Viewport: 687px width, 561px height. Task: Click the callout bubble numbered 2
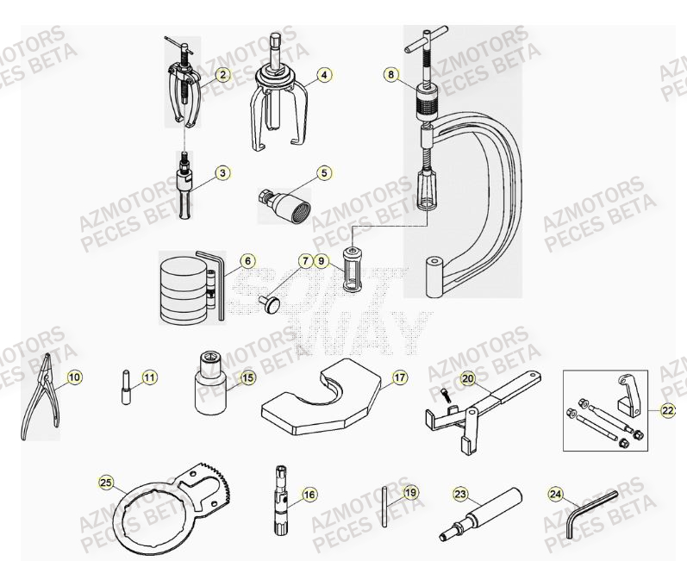coord(222,75)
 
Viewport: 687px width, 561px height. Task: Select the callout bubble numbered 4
coord(324,75)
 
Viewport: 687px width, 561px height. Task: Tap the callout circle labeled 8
coord(391,75)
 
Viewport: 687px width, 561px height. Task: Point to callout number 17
coord(400,377)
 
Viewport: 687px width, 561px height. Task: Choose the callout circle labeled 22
coord(668,411)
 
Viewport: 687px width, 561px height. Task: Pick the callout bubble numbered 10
coord(74,377)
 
